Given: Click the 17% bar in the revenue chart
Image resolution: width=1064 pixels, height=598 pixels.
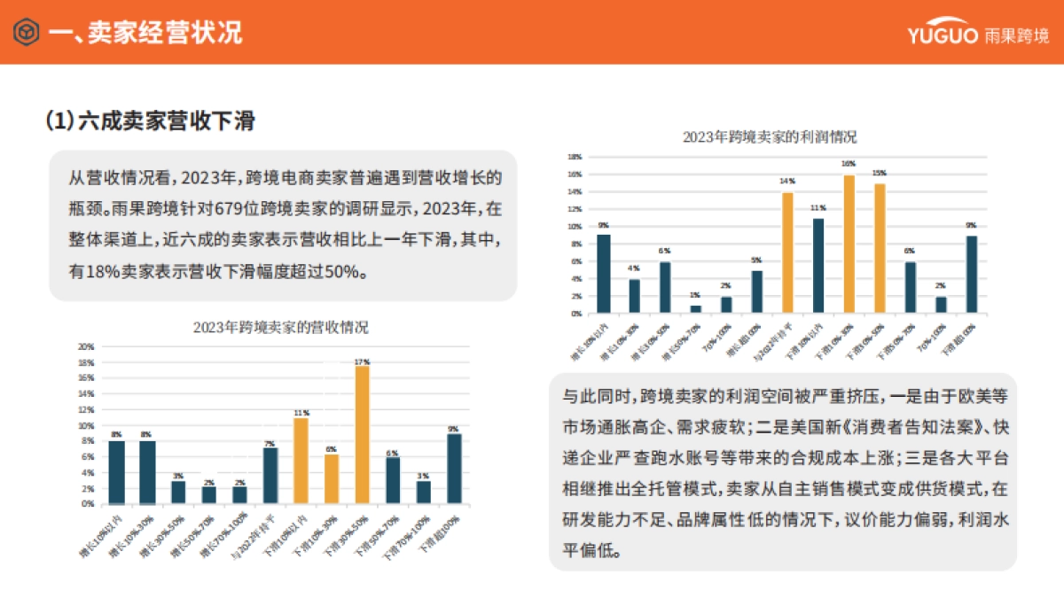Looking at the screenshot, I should pyautogui.click(x=362, y=434).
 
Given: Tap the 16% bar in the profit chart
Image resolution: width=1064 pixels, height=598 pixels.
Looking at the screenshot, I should pyautogui.click(x=849, y=244).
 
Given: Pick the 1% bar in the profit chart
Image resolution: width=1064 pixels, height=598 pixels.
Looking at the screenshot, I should pyautogui.click(x=696, y=309).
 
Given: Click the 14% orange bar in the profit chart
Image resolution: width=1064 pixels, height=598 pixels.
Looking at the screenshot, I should pyautogui.click(x=787, y=252).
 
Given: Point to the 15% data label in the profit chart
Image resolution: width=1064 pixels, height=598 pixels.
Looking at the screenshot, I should pyautogui.click(x=880, y=173).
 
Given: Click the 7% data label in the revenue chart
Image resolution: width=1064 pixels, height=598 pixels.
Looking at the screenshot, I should pyautogui.click(x=270, y=443).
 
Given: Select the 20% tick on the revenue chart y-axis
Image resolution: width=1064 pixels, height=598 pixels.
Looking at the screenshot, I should pyautogui.click(x=86, y=346).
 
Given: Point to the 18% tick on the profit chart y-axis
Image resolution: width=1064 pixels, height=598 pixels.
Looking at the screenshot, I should pyautogui.click(x=575, y=157).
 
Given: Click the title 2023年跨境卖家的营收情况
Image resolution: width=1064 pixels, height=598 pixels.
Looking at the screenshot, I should pyautogui.click(x=280, y=327).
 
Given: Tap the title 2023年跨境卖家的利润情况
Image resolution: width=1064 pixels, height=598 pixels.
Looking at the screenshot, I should pyautogui.click(x=770, y=137).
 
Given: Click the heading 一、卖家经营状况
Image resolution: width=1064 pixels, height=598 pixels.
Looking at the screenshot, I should pyautogui.click(x=145, y=34).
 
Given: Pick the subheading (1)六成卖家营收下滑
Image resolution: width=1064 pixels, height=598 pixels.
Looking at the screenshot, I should pyautogui.click(x=151, y=120).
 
